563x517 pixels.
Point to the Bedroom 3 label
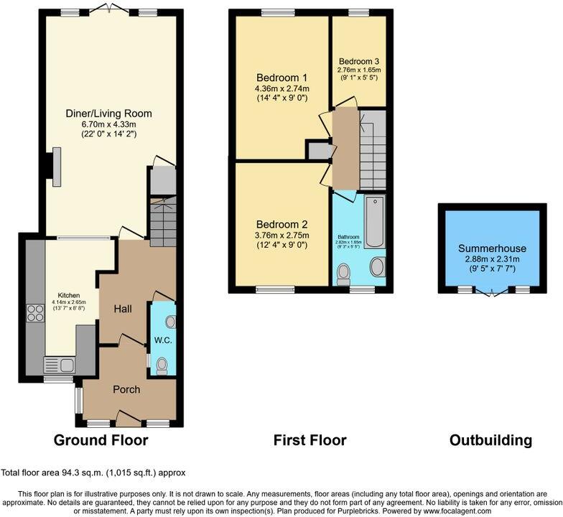[360, 61]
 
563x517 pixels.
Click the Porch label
[126, 389]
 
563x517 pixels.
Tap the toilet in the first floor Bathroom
[344, 271]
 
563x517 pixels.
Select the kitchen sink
[56, 363]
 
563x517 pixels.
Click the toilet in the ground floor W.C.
[162, 365]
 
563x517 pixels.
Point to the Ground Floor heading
[101, 440]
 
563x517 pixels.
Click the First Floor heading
[310, 440]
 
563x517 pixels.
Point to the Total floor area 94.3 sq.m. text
[93, 472]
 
